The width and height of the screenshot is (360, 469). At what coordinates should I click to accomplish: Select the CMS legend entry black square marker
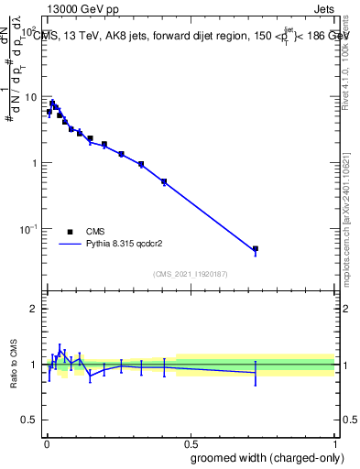pyautogui.click(x=70, y=232)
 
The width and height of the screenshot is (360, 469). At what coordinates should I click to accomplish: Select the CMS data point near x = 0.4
pyautogui.click(x=164, y=181)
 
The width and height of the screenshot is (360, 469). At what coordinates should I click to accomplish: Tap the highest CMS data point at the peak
pyautogui.click(x=52, y=103)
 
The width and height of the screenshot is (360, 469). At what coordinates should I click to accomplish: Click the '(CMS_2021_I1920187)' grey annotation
pyautogui.click(x=190, y=273)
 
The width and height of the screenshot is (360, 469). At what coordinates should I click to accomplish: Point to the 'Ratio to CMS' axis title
pyautogui.click(x=14, y=364)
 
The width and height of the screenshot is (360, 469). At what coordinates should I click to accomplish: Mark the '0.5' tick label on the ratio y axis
pyautogui.click(x=28, y=420)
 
